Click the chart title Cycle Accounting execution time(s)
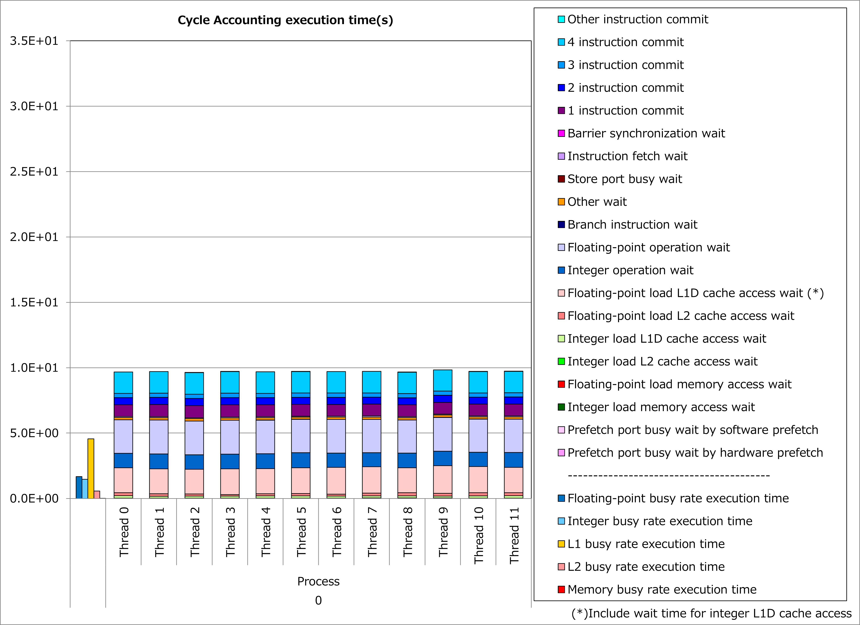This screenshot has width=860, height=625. [x=285, y=20]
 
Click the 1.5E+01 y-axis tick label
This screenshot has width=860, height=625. [x=34, y=302]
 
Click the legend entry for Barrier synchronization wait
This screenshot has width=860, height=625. [x=646, y=134]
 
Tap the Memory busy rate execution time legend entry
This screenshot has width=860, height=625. [x=662, y=589]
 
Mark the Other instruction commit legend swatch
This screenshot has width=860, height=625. [x=561, y=19]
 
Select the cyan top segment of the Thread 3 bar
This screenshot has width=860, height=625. [x=230, y=382]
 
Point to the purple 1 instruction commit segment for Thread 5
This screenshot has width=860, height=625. [x=301, y=410]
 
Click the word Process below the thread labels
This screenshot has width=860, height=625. [x=318, y=581]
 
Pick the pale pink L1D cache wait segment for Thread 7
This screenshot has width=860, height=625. [x=372, y=480]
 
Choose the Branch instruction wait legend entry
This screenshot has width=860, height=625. [x=632, y=225]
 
